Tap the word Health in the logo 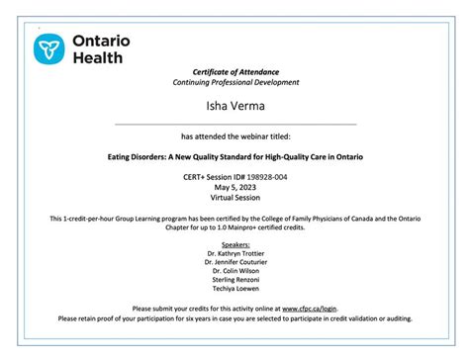(97, 58)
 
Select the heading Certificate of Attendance (235, 72)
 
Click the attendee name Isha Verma (235, 105)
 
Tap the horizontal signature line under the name (235, 124)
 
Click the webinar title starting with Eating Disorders (235, 156)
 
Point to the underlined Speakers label (235, 242)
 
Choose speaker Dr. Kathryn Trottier (235, 252)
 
